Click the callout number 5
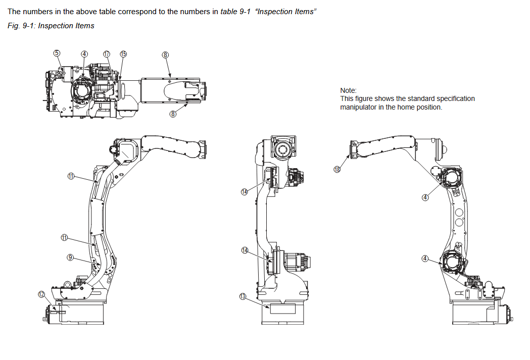pos(57,53)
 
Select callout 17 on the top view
pos(106,54)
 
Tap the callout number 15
pos(123,54)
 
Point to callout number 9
pos(71,257)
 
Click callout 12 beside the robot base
pos(42,294)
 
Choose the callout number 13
pos(243,296)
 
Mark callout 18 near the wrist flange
pos(338,169)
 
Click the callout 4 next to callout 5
pos(84,54)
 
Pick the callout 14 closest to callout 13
pos(245,250)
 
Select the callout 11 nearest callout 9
pos(64,237)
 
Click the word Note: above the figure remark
pos(348,90)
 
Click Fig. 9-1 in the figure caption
pos(21,26)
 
